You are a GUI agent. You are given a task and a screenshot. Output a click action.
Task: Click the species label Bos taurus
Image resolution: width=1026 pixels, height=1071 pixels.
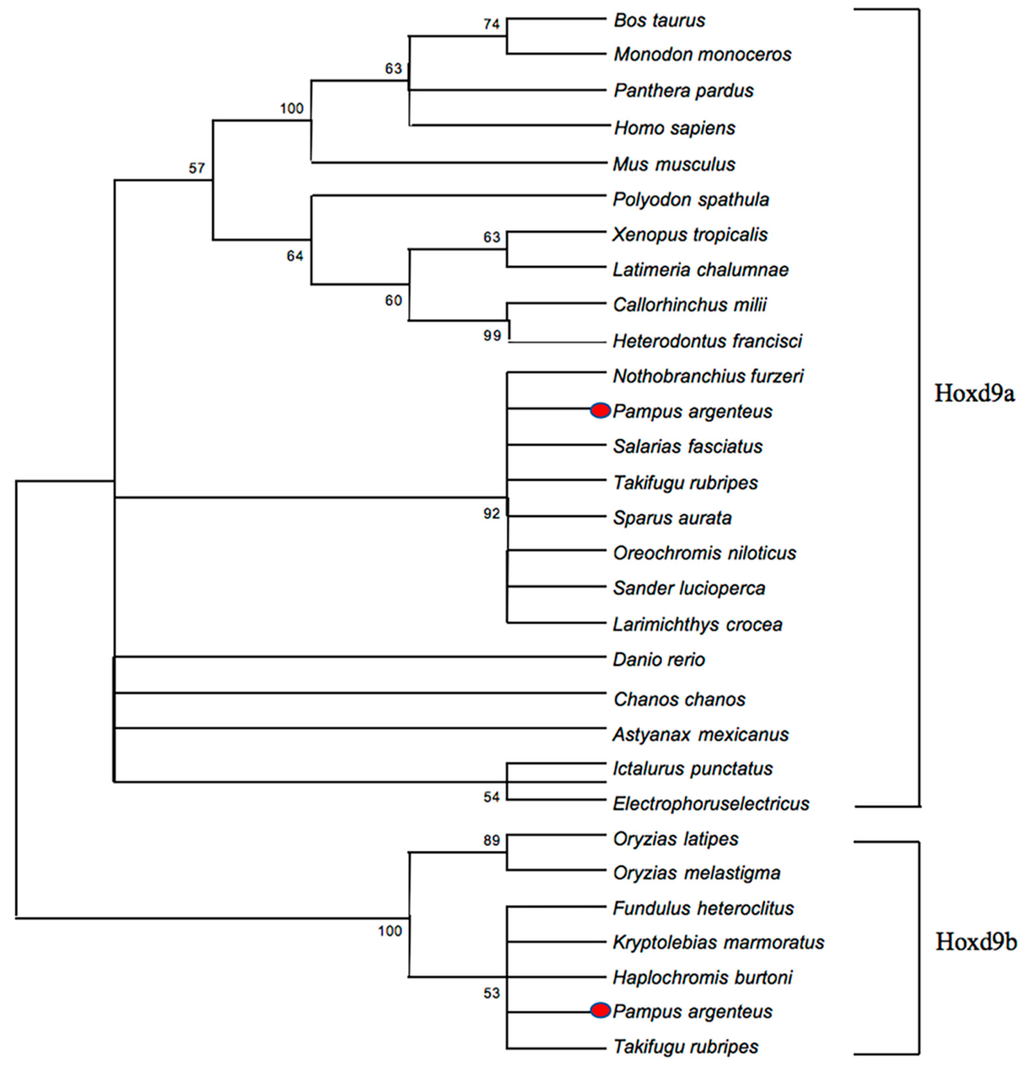tap(659, 21)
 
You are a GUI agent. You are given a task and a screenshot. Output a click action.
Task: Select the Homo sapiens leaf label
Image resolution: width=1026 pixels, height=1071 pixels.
tap(674, 128)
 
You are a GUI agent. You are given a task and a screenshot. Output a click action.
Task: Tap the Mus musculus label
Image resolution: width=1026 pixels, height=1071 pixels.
tap(674, 164)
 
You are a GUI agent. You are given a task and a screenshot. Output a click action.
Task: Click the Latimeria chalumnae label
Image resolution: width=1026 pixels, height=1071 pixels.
tap(700, 270)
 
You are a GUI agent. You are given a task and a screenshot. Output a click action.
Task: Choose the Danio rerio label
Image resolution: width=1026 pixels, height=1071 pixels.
tap(658, 660)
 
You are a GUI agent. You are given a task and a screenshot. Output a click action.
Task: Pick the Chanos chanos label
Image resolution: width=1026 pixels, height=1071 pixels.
tap(679, 699)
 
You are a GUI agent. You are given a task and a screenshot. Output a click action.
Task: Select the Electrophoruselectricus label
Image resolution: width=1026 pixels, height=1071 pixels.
tap(710, 804)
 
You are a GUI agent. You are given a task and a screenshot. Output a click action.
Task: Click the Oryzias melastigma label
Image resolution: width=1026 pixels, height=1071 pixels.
tap(696, 873)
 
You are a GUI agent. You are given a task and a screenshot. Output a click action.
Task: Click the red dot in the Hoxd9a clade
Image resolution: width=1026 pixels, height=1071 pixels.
tap(600, 410)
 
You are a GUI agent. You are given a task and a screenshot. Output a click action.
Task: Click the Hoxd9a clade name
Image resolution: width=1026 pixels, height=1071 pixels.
tap(974, 393)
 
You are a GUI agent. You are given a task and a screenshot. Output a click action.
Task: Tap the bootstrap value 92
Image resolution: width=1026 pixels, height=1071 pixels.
tap(491, 514)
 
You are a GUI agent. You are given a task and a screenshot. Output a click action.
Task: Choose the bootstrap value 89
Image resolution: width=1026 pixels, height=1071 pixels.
tap(491, 840)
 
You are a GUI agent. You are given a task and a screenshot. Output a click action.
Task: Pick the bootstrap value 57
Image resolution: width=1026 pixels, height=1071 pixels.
tap(197, 168)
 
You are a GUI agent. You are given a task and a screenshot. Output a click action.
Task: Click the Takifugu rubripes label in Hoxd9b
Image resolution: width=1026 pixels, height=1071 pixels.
tap(685, 1047)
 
